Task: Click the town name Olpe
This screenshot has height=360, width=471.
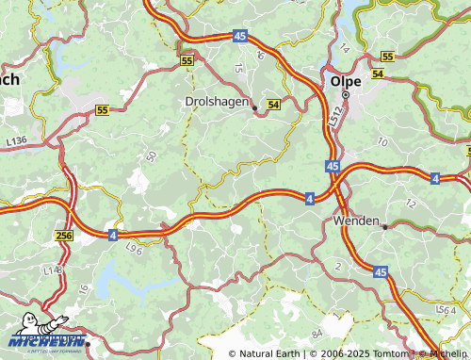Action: [x=345, y=81]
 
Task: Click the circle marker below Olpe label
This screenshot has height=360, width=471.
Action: [x=346, y=94]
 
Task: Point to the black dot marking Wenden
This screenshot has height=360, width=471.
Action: [x=385, y=226]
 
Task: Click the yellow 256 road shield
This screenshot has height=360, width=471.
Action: [x=63, y=236]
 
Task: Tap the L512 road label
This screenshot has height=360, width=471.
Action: [x=334, y=117]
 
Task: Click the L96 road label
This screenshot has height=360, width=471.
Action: [x=134, y=248]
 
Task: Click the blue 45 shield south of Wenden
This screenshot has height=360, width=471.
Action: [x=381, y=271]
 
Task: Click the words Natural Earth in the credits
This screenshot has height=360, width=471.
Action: [x=270, y=353]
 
